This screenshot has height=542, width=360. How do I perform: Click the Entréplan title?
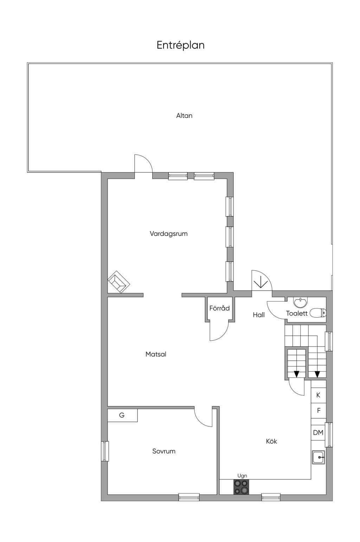[x=180, y=45]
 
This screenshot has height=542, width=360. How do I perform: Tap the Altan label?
[x=184, y=116]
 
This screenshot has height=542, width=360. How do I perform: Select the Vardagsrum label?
[x=169, y=234]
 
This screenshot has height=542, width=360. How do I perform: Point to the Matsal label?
[x=156, y=354]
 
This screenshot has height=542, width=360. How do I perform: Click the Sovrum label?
[x=164, y=451]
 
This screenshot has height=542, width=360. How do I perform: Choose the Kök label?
[x=271, y=441]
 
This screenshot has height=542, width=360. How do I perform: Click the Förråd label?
[x=219, y=308]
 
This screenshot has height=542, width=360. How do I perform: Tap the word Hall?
[x=259, y=315]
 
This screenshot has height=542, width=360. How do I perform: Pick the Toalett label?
[x=297, y=313]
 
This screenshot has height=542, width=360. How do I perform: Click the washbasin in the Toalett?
[x=300, y=302]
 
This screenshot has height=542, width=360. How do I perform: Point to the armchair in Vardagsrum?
[x=119, y=282]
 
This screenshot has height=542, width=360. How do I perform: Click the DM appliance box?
[x=318, y=432]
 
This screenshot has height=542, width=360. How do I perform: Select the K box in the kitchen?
[x=319, y=395]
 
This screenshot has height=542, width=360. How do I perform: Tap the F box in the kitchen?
[x=319, y=411]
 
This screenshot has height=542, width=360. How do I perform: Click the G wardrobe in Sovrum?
[x=122, y=415]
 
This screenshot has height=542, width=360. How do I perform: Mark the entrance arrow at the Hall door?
[x=260, y=282]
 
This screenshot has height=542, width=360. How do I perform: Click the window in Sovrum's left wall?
[x=105, y=451]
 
